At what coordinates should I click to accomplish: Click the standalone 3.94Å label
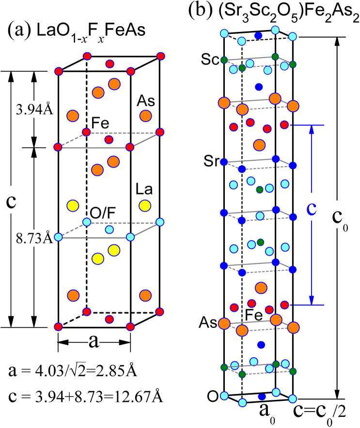34,110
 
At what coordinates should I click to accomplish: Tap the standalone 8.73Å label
34,238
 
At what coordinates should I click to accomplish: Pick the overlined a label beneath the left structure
94,340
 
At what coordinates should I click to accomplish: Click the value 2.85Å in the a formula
119,371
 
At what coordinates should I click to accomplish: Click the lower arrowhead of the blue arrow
312,301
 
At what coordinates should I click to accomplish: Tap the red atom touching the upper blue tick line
284,125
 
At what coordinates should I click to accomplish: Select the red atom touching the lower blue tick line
285,305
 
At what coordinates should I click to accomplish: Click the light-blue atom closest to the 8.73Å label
59,237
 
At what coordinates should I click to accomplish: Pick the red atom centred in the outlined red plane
109,140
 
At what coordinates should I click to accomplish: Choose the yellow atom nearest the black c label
73,206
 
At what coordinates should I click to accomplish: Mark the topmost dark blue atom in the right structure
258,35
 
